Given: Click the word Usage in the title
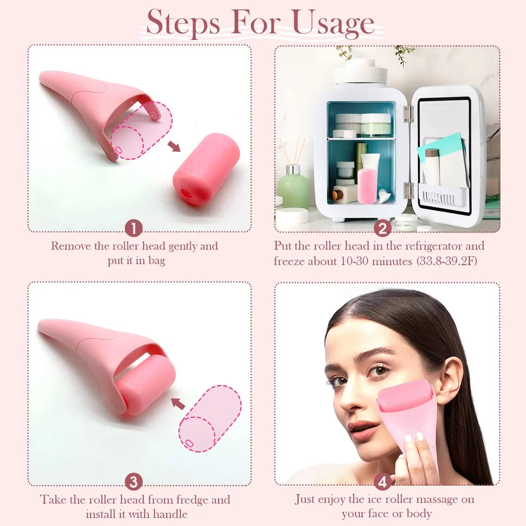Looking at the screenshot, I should [x=333, y=23].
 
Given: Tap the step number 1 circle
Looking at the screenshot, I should [x=134, y=228].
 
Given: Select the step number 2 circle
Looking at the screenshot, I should [x=383, y=229].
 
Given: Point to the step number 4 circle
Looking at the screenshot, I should [x=383, y=482].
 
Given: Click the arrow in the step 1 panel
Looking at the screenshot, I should [x=174, y=146].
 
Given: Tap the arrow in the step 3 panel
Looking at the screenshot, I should [x=178, y=403].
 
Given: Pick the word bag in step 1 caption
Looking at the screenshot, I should [x=157, y=261].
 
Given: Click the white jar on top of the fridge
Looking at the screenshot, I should [x=360, y=71].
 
